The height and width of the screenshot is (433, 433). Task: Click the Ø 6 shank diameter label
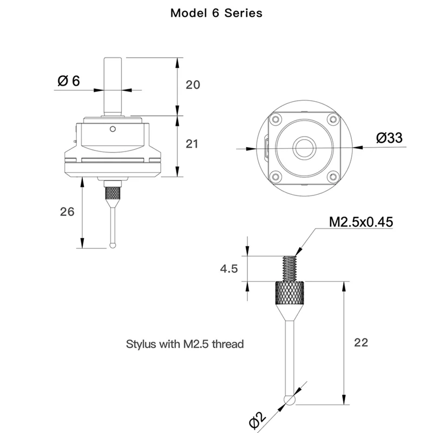pos(69,81)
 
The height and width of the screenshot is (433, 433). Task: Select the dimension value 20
pos(193,85)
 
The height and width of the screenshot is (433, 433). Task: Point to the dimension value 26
pos(67,212)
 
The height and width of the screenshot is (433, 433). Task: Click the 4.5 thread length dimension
pos(229,268)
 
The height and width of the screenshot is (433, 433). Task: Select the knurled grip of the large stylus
pos(290,292)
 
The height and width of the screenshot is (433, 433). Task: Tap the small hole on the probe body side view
pos(113,129)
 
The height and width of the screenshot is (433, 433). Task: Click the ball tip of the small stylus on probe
pos(113,245)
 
